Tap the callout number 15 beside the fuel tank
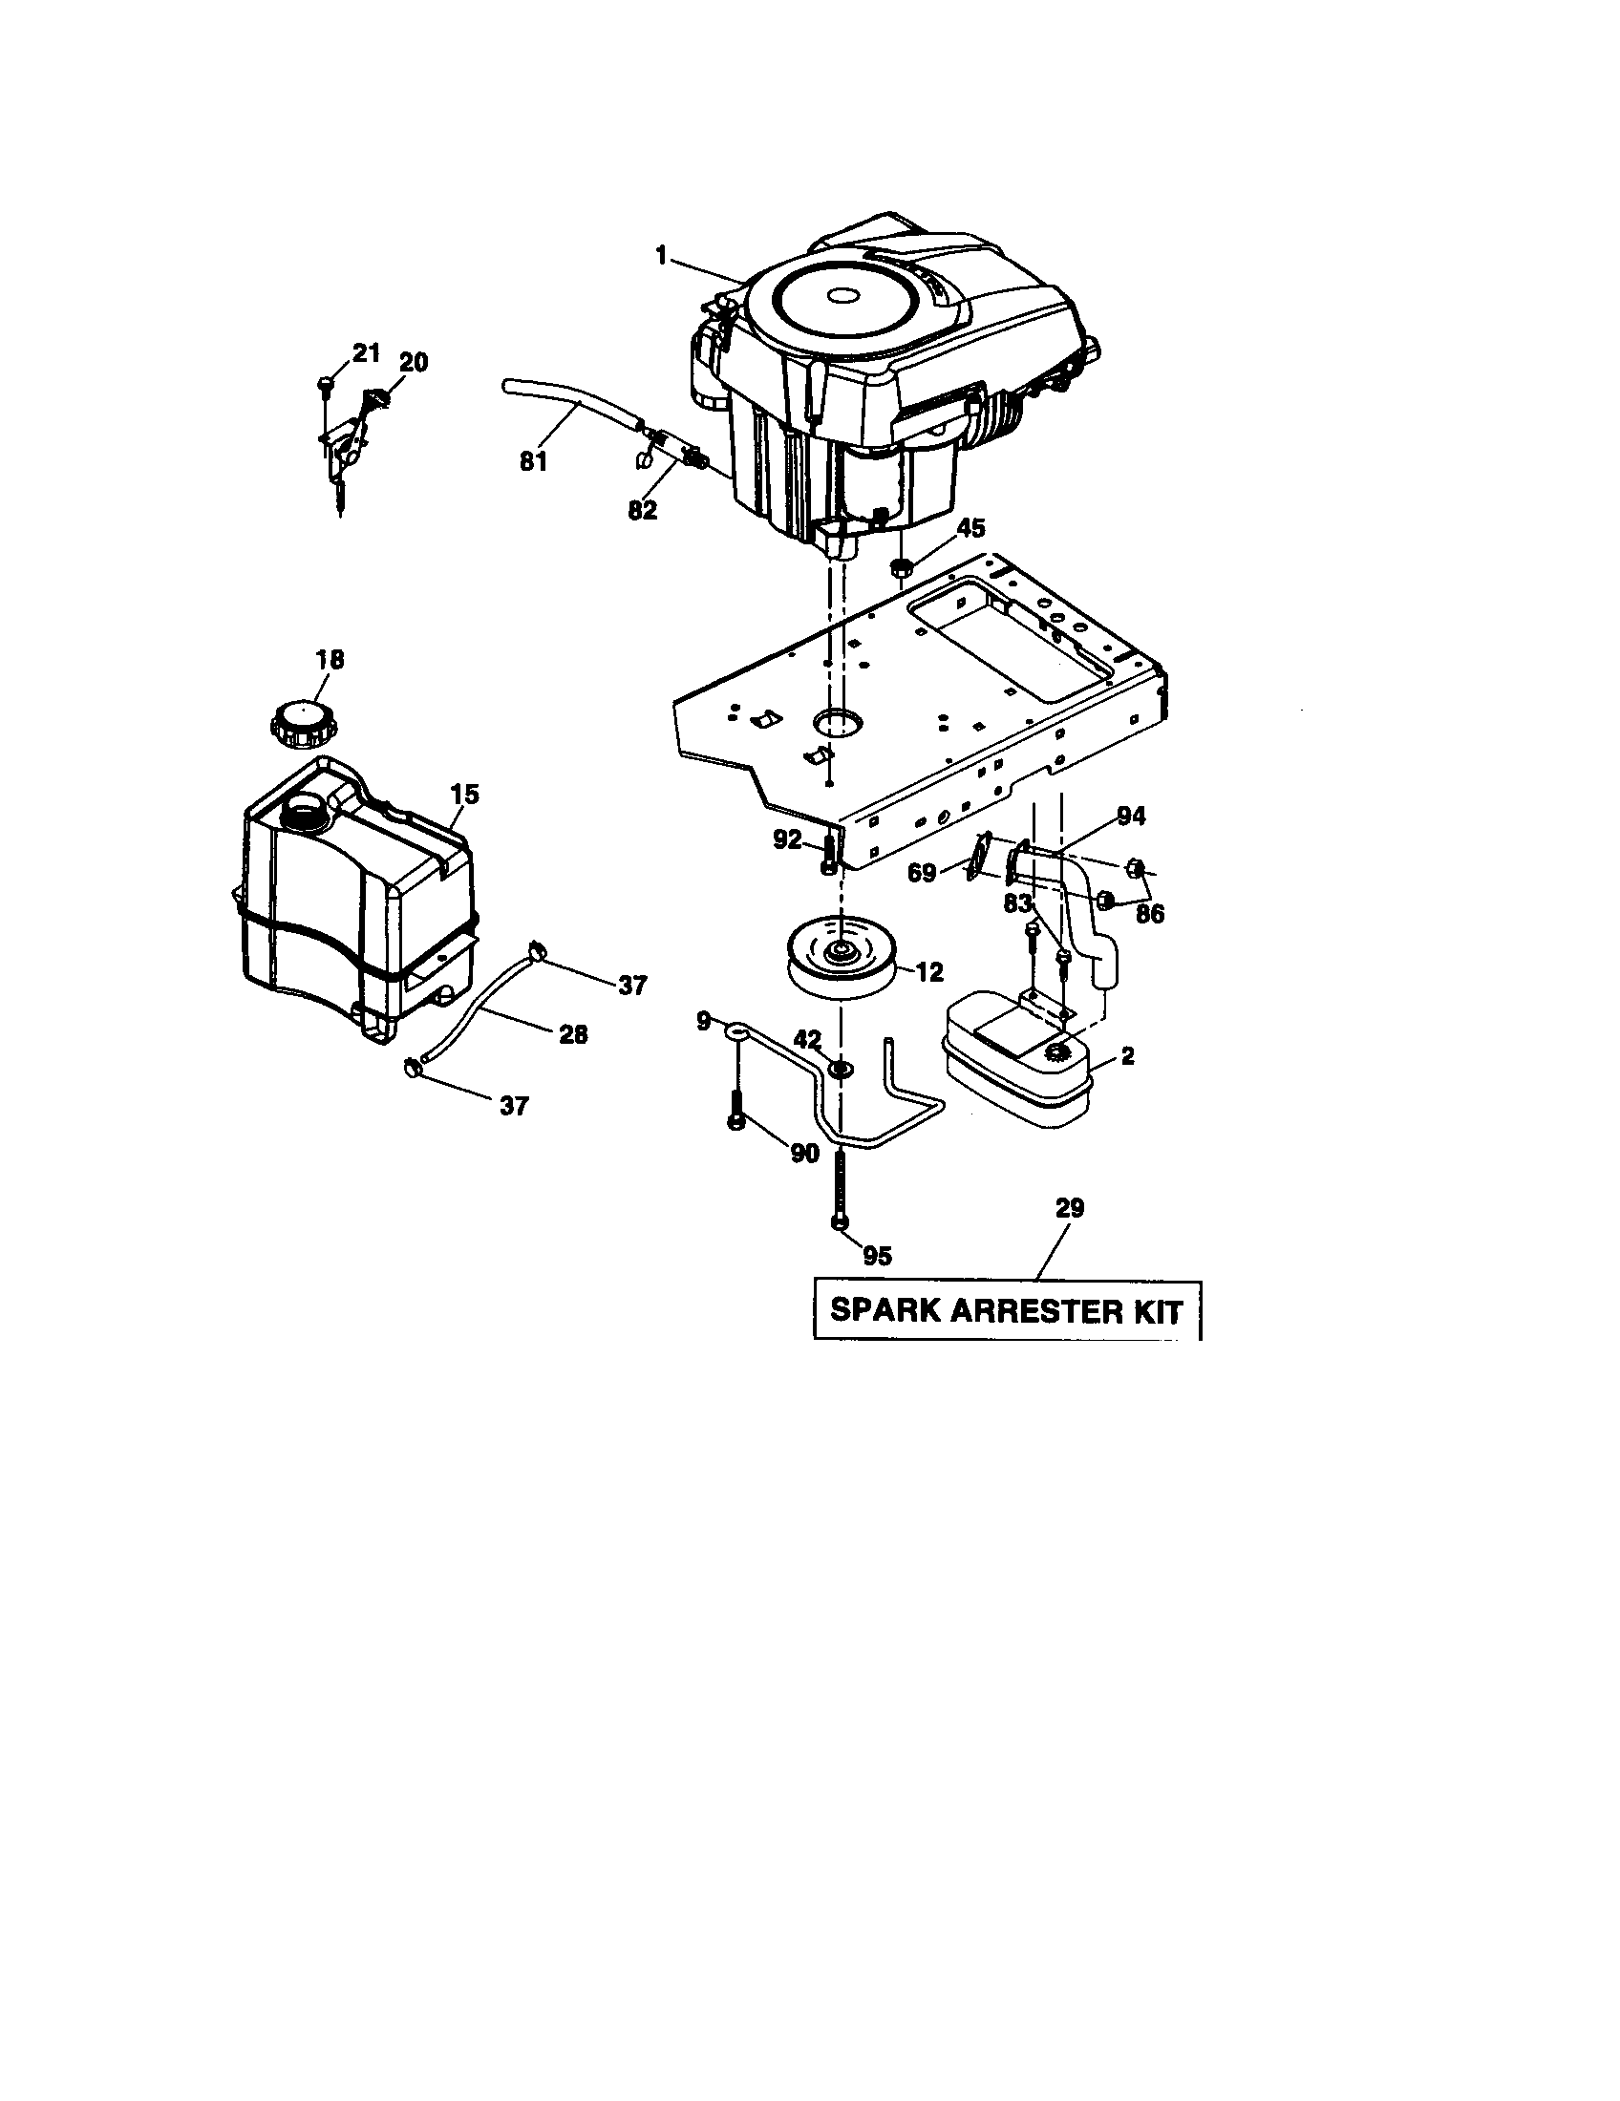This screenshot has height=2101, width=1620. pyautogui.click(x=463, y=795)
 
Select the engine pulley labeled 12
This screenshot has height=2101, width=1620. pyautogui.click(x=840, y=956)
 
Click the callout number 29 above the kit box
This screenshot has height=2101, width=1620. pyautogui.click(x=1069, y=1207)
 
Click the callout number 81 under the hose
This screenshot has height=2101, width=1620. pyautogui.click(x=533, y=462)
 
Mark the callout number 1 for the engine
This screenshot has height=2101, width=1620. pyautogui.click(x=661, y=255)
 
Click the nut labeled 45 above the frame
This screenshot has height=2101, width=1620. pyautogui.click(x=903, y=566)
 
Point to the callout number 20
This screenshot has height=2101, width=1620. pyautogui.click(x=414, y=363)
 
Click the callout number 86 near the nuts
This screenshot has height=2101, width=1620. pyautogui.click(x=1150, y=914)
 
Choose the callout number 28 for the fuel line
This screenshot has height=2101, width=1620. pyautogui.click(x=573, y=1035)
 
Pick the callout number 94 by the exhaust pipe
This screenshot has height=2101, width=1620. pyautogui.click(x=1131, y=816)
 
